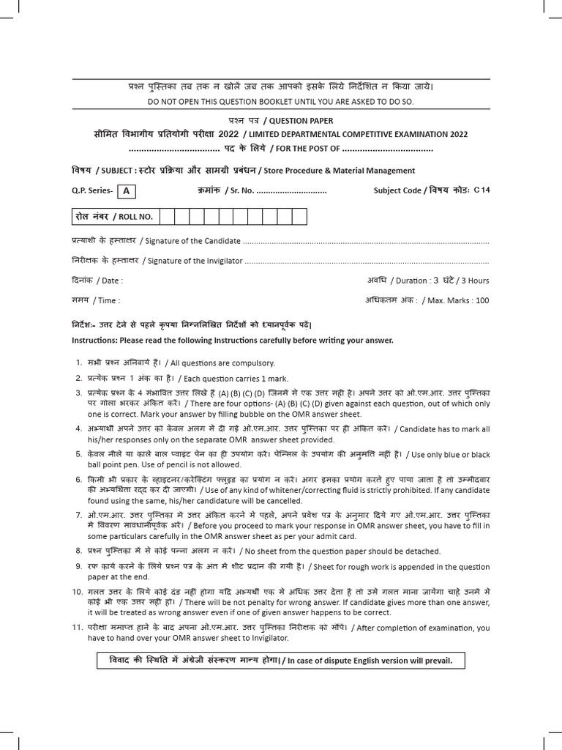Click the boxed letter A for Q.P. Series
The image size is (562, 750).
127,191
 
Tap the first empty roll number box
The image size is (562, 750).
165,217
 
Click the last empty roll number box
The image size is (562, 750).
299,217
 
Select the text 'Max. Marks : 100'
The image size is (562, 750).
458,300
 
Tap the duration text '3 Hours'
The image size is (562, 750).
475,281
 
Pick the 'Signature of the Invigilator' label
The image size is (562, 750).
193,261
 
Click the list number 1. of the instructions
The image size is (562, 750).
78,363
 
